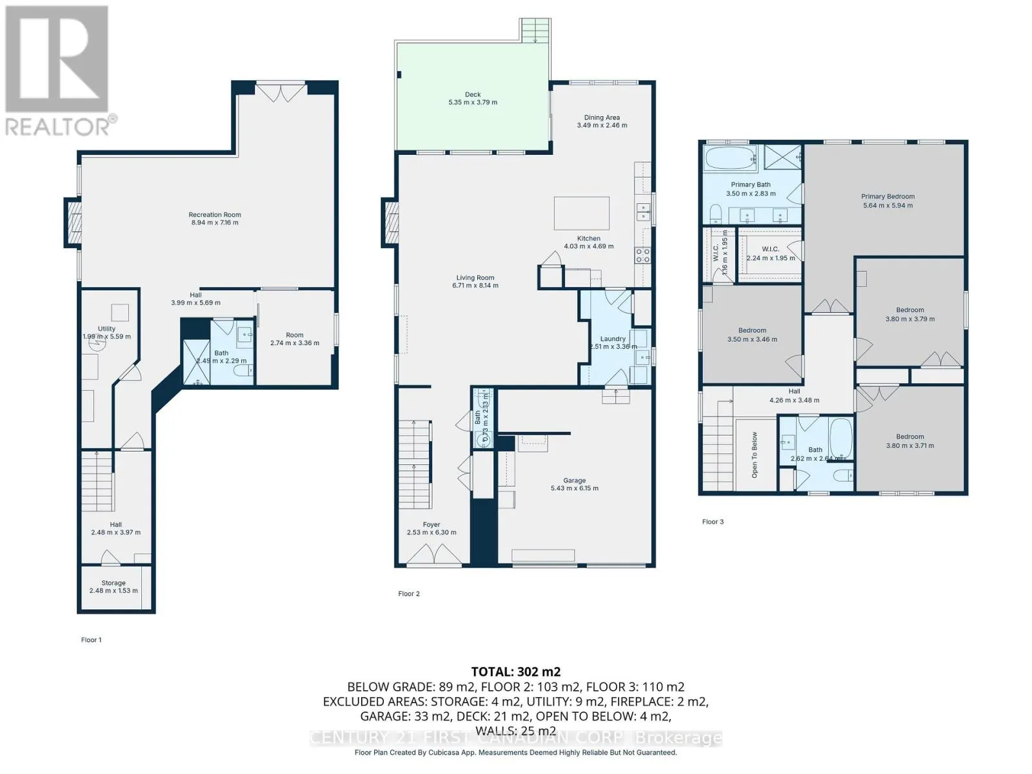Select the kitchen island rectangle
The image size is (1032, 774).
tap(582, 213)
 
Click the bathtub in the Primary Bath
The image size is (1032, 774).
tap(730, 159)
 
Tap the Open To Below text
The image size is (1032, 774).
tap(755, 455)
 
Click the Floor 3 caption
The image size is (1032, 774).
tap(713, 522)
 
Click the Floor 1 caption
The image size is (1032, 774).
tap(91, 640)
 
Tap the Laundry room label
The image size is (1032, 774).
tap(613, 339)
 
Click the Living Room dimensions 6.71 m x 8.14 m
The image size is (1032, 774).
tap(475, 285)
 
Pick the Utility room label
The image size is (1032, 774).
tap(106, 329)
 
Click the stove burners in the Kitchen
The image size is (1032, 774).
tap(642, 255)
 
